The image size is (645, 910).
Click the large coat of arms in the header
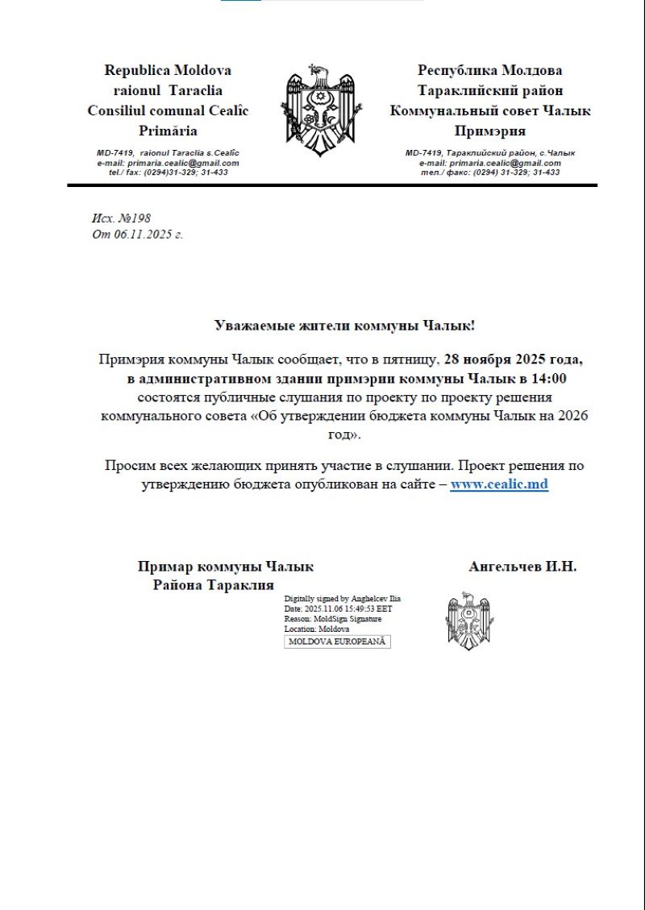[x=318, y=111]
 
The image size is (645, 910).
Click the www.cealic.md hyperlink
[x=499, y=484]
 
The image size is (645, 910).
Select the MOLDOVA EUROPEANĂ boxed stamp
[x=338, y=642]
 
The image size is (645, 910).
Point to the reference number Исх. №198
[x=121, y=218]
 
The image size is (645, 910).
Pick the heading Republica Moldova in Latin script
[x=168, y=70]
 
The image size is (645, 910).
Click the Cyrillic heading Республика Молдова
[x=489, y=70]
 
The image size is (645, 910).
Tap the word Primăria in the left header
[x=168, y=131]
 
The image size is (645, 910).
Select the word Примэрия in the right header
[x=489, y=131]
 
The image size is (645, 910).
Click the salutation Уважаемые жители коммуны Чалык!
[x=345, y=326]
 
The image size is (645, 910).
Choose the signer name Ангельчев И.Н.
[x=522, y=567]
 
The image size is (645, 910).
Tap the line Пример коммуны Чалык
[x=226, y=567]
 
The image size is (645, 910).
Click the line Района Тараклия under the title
[x=214, y=585]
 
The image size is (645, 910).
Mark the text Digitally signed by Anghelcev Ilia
[x=343, y=599]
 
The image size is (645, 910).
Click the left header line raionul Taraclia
[x=168, y=90]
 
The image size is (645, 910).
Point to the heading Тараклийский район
[x=489, y=90]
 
